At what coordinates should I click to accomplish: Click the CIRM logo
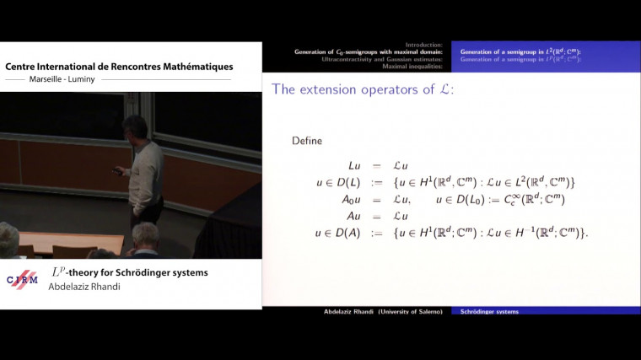click(23, 280)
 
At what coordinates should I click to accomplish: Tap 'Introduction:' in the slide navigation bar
click(426, 45)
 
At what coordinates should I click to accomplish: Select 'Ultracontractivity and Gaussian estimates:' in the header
click(385, 60)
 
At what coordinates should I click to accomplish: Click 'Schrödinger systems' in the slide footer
click(489, 311)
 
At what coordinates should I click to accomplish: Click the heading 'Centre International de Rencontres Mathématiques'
click(119, 67)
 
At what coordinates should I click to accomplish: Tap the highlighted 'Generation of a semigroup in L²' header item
click(520, 52)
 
